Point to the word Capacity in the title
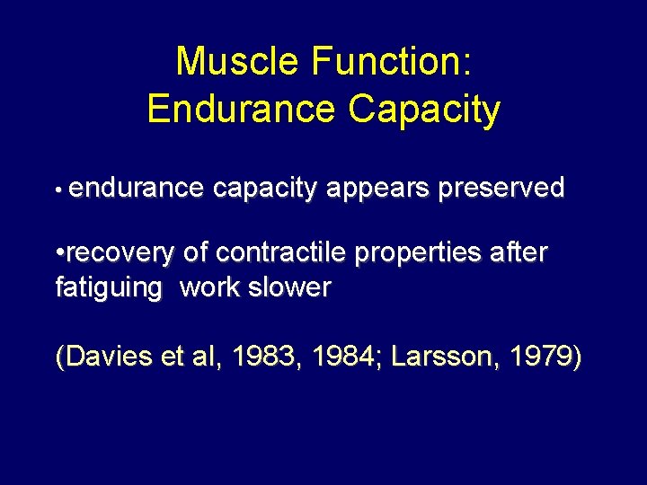pyautogui.click(x=424, y=110)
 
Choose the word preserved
pyautogui.click(x=501, y=188)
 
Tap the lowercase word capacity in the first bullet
pyautogui.click(x=267, y=190)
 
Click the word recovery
pyautogui.click(x=118, y=254)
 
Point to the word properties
pyautogui.click(x=421, y=254)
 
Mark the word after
pyautogui.click(x=520, y=253)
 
